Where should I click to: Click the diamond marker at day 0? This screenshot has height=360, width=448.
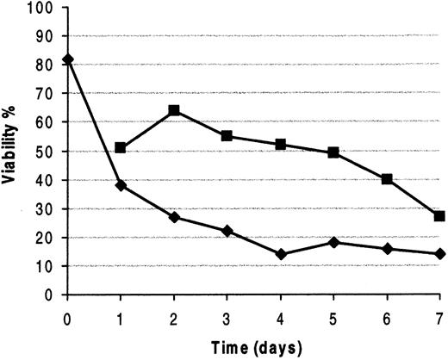(67, 59)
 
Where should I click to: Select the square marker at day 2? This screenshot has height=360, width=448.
(174, 110)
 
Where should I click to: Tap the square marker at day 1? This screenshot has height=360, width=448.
(121, 148)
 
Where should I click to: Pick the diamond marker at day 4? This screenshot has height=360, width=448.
(281, 254)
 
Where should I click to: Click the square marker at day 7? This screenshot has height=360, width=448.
(439, 216)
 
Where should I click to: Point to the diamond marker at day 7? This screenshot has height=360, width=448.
(439, 254)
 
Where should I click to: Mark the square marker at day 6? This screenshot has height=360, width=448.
(387, 179)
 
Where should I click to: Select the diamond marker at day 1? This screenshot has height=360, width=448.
(121, 185)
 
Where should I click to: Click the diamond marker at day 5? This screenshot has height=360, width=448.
(333, 242)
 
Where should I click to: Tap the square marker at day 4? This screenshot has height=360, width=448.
(281, 145)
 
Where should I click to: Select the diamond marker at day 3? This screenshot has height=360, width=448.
(227, 231)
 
